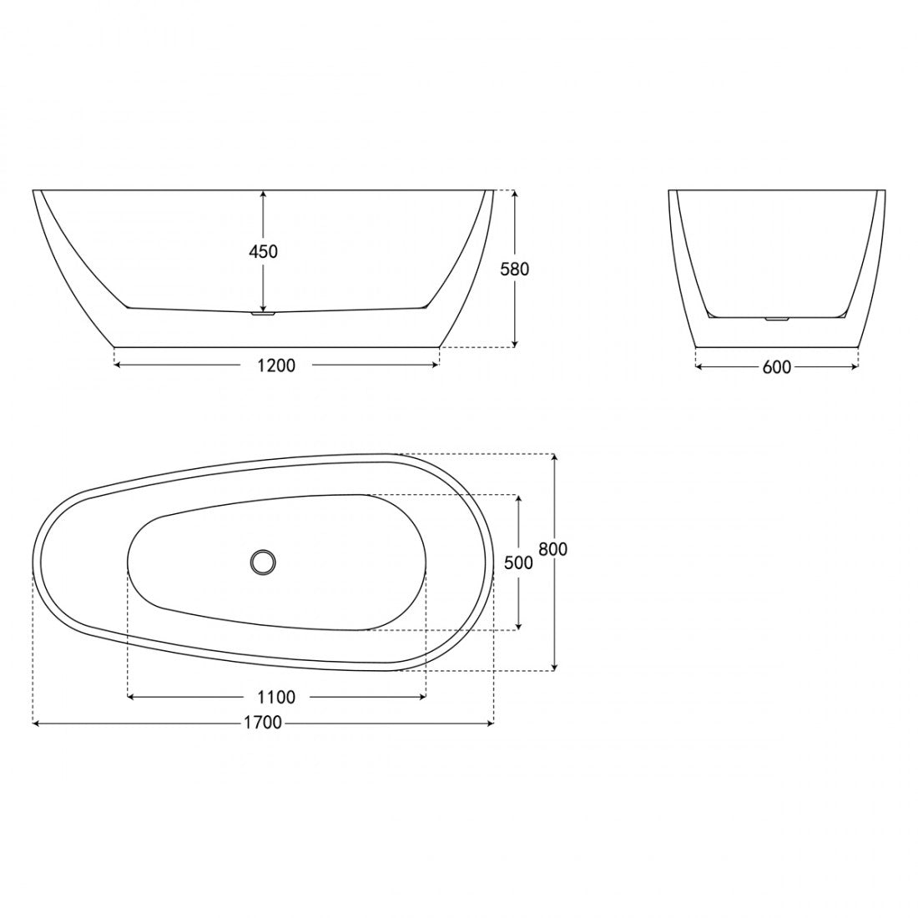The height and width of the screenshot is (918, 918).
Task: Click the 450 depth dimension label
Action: coord(264,251)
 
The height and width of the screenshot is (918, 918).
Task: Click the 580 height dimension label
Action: coord(515,269)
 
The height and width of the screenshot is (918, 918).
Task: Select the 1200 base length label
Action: coord(276,366)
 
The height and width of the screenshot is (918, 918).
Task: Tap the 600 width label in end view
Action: coord(777,367)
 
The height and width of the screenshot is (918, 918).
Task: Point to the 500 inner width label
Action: coord(519,562)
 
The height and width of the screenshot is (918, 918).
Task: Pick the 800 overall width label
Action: coord(553,549)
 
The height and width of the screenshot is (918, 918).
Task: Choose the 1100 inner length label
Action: coord(276,698)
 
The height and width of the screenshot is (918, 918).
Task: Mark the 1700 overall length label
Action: coord(263,723)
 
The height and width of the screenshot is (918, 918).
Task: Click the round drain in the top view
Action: coord(263,562)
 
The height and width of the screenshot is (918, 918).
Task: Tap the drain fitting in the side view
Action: coord(263,314)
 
